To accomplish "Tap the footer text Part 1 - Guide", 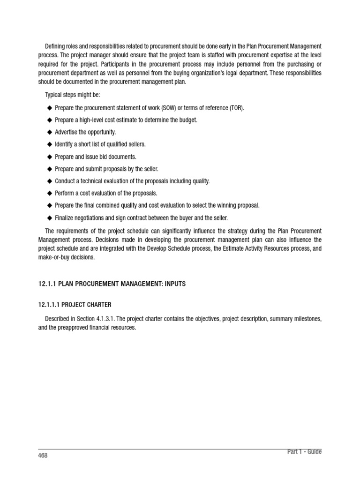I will (304, 451).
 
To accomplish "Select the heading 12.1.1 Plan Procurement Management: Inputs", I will (112, 284).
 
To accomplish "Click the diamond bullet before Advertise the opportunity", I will (49, 132).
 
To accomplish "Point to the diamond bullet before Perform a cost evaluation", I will (49, 193).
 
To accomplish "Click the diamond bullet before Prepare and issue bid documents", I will (49, 157).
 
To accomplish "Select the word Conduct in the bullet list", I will (66, 181).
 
